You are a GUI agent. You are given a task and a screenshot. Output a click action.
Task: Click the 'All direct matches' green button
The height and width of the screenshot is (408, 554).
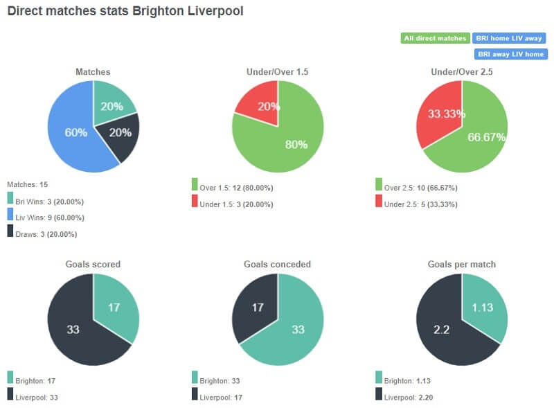[x=435, y=38]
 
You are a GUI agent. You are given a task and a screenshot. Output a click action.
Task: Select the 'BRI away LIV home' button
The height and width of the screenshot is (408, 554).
[x=511, y=53]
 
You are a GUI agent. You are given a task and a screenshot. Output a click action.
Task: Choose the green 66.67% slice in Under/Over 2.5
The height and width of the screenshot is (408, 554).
[x=478, y=139]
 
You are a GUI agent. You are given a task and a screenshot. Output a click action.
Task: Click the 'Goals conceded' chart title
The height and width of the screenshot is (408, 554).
[x=277, y=264]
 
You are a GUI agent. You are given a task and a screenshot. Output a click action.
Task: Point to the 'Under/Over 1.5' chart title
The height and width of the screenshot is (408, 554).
[x=277, y=71]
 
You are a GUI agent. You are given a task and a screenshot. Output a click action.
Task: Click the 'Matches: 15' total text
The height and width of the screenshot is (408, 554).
[x=27, y=184]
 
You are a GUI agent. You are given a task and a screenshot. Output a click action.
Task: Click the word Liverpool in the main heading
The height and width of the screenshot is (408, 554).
[x=215, y=12]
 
